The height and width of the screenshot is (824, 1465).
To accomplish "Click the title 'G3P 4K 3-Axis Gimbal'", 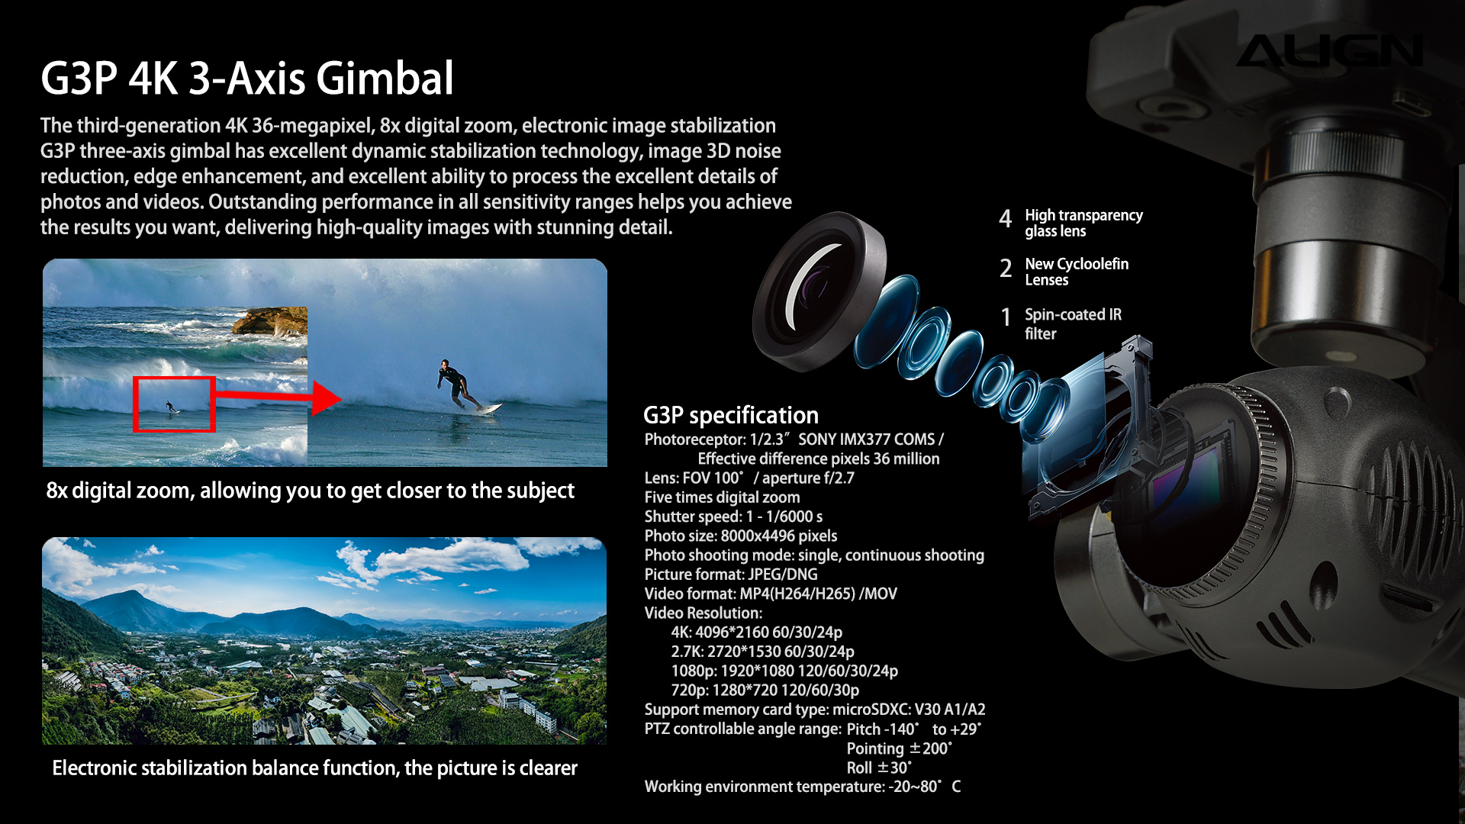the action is (x=247, y=78).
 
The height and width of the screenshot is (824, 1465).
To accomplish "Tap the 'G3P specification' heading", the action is (x=731, y=415).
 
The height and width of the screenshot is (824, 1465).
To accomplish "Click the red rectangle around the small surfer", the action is (x=174, y=404).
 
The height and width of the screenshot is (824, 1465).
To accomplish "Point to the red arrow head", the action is (x=327, y=398).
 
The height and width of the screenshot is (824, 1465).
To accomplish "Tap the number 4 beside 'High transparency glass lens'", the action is (x=1006, y=219).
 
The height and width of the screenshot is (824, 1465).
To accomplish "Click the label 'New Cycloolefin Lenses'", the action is (x=1077, y=272).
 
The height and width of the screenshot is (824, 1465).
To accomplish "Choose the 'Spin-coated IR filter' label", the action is (x=1073, y=323).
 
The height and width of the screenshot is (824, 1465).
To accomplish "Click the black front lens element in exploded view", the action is (x=819, y=291).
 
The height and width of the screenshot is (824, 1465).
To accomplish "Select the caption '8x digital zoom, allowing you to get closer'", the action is (x=310, y=491).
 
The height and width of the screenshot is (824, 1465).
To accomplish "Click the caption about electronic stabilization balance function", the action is (x=314, y=768).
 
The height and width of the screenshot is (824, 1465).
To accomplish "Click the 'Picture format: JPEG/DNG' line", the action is (x=731, y=575).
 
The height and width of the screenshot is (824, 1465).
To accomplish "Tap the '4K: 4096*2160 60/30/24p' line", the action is (x=757, y=632).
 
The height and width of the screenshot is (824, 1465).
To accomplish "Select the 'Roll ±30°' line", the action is (x=879, y=768).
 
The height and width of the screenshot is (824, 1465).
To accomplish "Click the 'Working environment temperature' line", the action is (x=803, y=787).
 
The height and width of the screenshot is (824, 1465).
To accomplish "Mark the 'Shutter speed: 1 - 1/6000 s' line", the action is (x=733, y=517).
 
